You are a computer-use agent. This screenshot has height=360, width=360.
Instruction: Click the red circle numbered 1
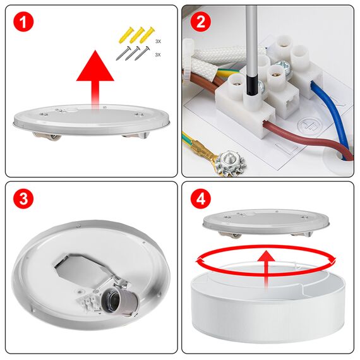click(x=23, y=23)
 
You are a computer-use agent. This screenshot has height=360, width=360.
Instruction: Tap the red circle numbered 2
click(x=201, y=23)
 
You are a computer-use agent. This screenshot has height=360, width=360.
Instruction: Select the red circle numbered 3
click(x=23, y=200)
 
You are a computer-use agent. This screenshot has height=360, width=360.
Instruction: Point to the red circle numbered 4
click(x=201, y=200)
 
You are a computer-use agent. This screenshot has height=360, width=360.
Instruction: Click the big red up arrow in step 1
click(x=95, y=73)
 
